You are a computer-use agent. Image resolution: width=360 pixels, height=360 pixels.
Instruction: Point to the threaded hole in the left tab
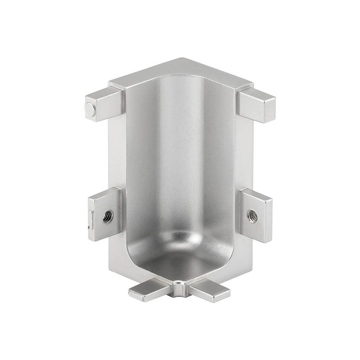coord(107,216)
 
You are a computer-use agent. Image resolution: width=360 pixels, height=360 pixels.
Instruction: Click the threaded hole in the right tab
coord(252,216)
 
